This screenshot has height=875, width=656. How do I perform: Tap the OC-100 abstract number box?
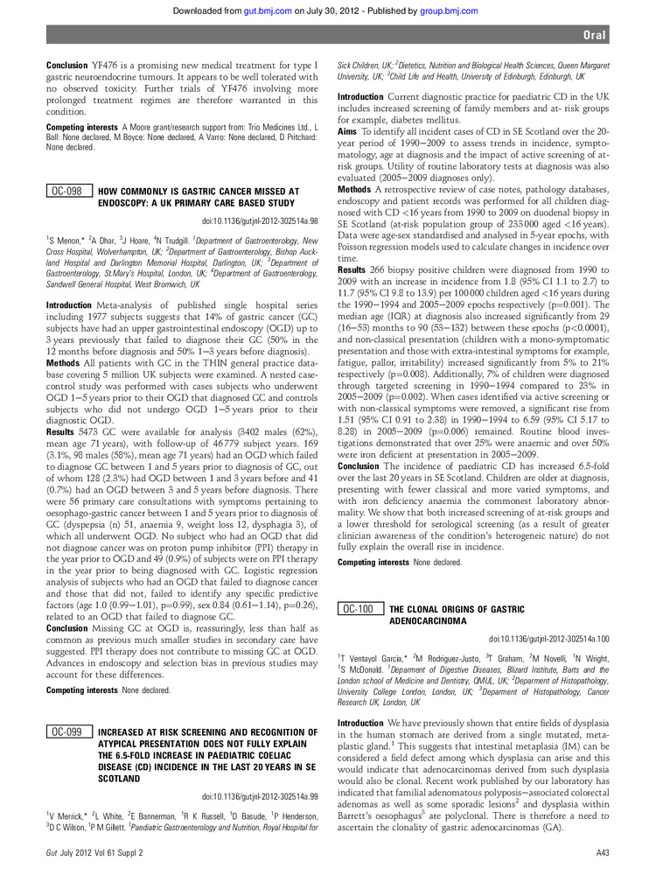[x=359, y=608]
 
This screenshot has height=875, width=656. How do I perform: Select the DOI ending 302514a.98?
[x=260, y=221]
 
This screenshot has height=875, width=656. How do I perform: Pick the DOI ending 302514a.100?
[x=549, y=640]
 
